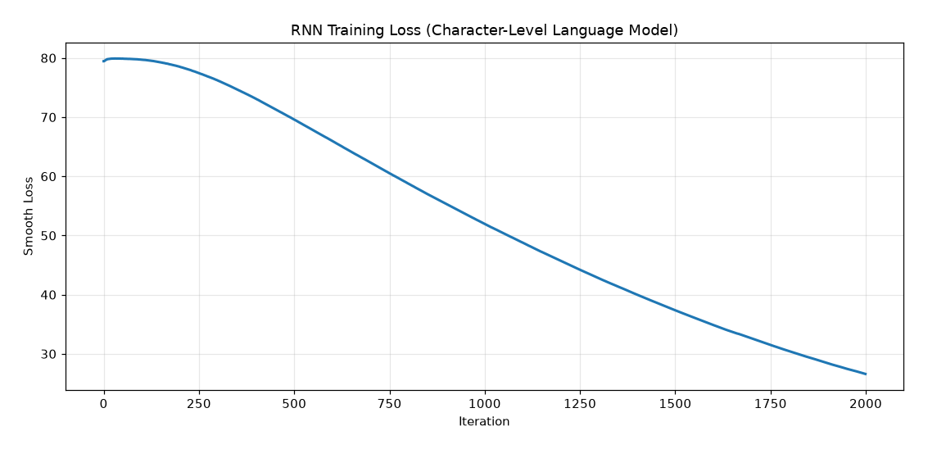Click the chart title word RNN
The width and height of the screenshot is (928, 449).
tap(303, 30)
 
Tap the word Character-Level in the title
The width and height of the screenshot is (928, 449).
tap(475, 30)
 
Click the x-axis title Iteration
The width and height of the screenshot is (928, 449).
tap(484, 422)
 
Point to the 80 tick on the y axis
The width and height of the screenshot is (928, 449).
tap(49, 59)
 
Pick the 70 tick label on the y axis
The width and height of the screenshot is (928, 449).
tap(49, 118)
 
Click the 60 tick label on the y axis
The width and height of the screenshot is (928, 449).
tap(49, 177)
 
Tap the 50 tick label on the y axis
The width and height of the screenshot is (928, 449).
tap(49, 236)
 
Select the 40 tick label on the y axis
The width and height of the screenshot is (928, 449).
tap(49, 296)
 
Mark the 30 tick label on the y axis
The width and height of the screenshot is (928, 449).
tap(49, 355)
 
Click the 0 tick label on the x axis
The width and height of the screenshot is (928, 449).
tap(104, 405)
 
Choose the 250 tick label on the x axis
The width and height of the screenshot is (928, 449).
tap(199, 405)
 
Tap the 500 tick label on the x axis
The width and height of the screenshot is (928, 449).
tap(294, 405)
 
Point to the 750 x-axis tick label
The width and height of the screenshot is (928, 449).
tap(389, 405)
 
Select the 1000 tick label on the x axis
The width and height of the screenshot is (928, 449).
tap(485, 405)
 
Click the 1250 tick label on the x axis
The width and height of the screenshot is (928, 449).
tap(580, 405)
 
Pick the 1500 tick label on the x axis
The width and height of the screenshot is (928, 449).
tap(675, 405)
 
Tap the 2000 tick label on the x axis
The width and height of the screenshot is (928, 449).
tap(866, 405)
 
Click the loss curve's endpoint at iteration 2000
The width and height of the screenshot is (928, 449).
tap(866, 374)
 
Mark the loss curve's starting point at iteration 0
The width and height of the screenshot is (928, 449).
tap(103, 61)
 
